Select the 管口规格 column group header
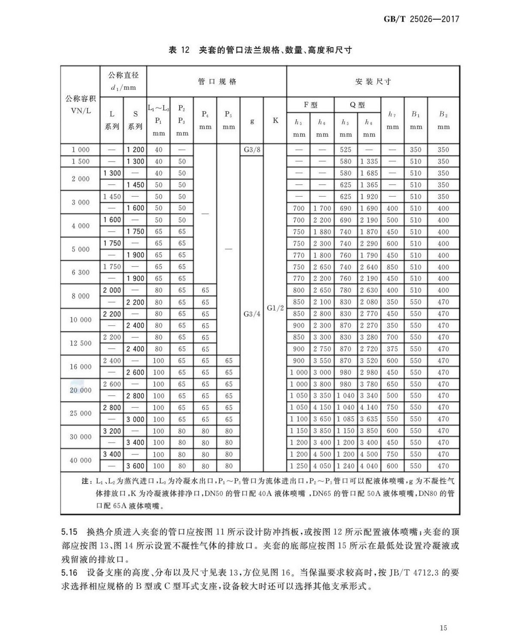pyautogui.click(x=217, y=81)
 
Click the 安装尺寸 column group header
pyautogui.click(x=373, y=81)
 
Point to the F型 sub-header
pyautogui.click(x=311, y=105)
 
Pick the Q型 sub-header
pyautogui.click(x=357, y=105)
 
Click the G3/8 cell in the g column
pyautogui.click(x=252, y=150)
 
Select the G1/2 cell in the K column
pyautogui.click(x=275, y=308)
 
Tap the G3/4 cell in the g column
pyautogui.click(x=252, y=314)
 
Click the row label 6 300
pyautogui.click(x=81, y=273)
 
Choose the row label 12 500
pyautogui.click(x=81, y=343)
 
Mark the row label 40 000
pyautogui.click(x=81, y=460)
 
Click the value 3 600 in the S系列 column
pyautogui.click(x=135, y=466)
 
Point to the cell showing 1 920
pyautogui.click(x=369, y=197)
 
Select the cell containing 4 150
pyautogui.click(x=322, y=408)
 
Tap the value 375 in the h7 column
pyautogui.click(x=392, y=349)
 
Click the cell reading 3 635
pyautogui.click(x=369, y=419)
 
